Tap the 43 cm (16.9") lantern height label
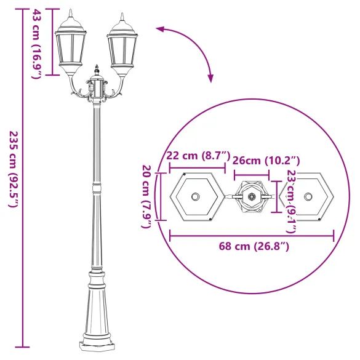(36, 44)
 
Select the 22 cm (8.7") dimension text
(198, 156)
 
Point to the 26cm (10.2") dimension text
(266, 161)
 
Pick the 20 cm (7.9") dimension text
(147, 196)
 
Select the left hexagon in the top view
(196, 197)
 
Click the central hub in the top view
(251, 197)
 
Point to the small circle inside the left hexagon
(196, 197)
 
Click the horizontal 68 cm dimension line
(252, 234)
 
